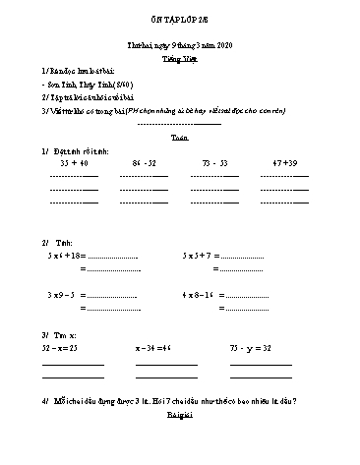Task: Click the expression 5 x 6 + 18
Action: (x=66, y=254)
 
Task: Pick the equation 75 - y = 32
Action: (x=250, y=348)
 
